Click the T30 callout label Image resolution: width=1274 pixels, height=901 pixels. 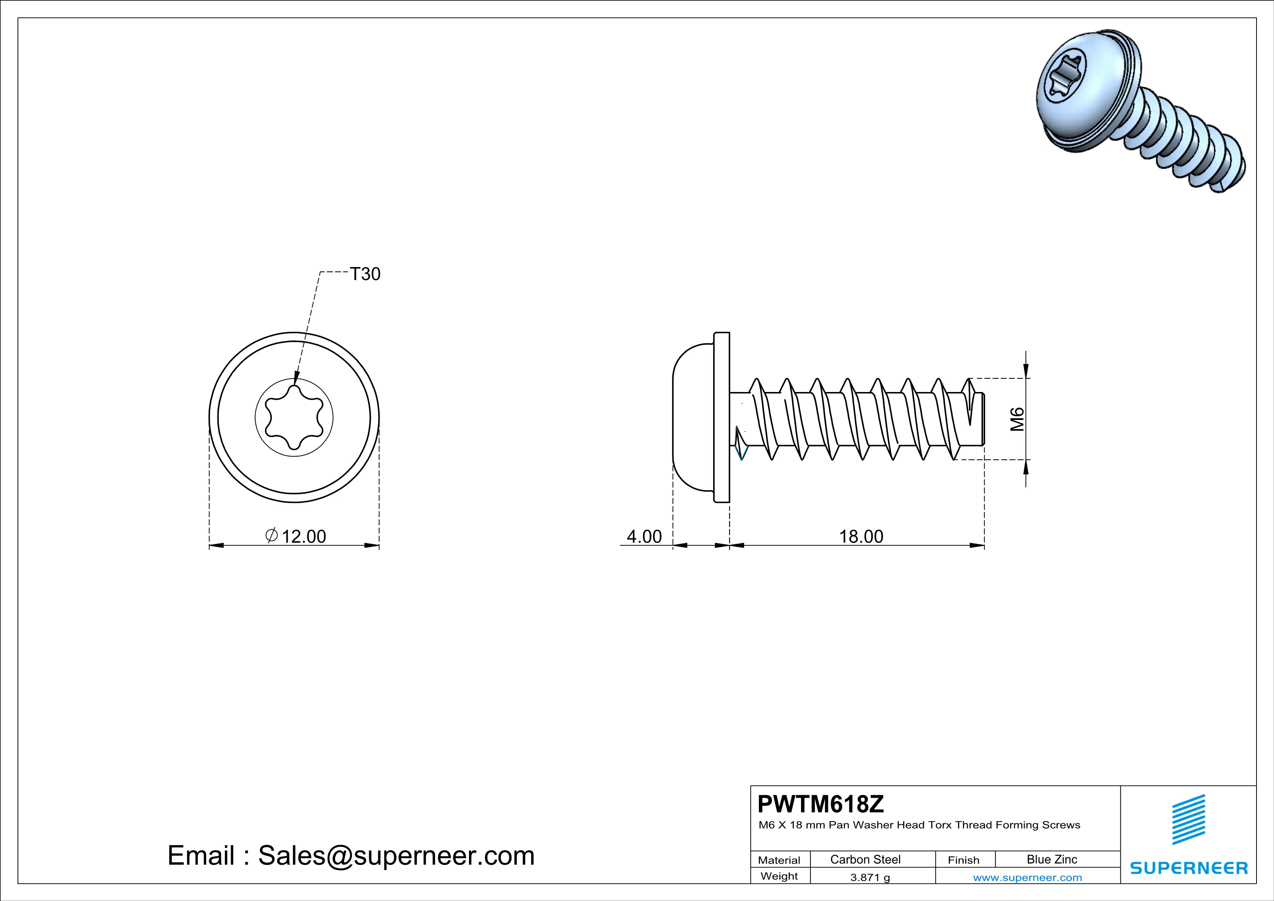(x=365, y=274)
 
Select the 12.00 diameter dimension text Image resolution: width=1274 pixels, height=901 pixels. (x=304, y=537)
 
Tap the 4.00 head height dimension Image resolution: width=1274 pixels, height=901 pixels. (x=644, y=537)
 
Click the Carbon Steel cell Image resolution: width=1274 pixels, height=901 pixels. (x=865, y=859)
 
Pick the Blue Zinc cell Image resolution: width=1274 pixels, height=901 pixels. (x=1051, y=859)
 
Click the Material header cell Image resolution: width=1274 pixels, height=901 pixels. (x=779, y=860)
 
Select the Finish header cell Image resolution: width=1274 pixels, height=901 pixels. (x=963, y=860)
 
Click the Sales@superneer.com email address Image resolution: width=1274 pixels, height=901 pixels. (x=396, y=856)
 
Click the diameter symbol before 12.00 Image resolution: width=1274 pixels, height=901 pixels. (x=271, y=536)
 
